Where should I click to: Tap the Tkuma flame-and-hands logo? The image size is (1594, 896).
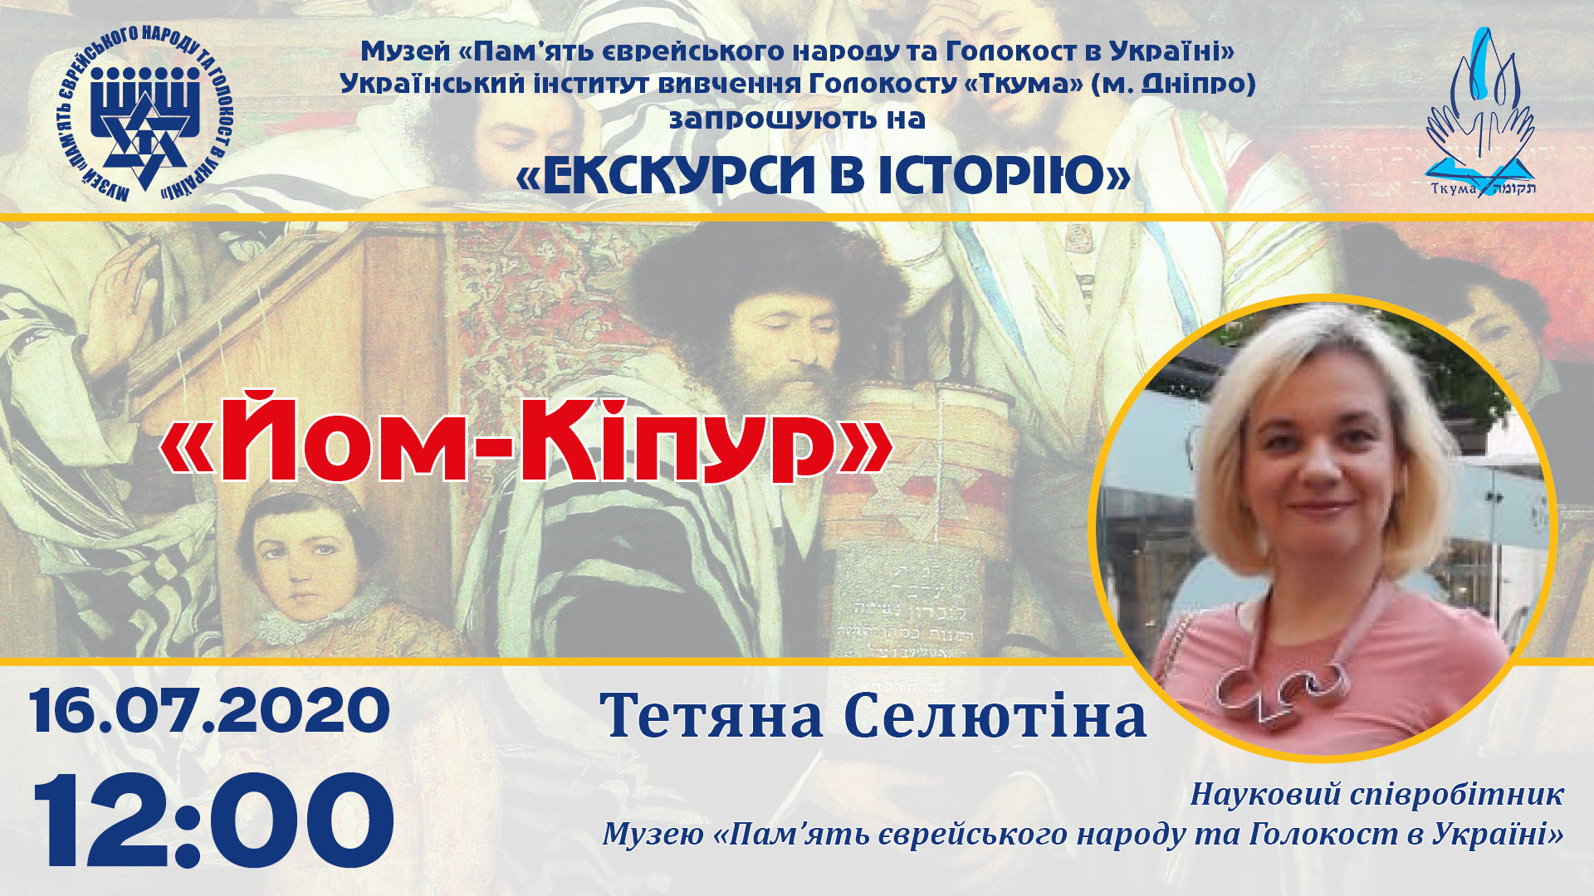tap(1481, 113)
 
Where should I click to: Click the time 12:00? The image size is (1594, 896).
tap(213, 821)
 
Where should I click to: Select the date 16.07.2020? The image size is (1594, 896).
tap(210, 711)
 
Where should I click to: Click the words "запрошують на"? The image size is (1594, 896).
tap(797, 119)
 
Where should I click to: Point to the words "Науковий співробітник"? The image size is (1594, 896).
tap(1376, 794)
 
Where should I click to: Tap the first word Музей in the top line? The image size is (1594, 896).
tap(405, 51)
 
